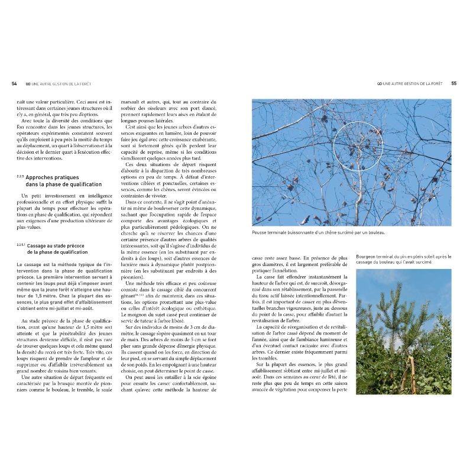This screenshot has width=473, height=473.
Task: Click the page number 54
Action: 14,83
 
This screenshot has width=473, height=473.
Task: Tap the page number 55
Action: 453,83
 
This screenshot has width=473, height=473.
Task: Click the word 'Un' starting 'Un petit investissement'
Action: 24,196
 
